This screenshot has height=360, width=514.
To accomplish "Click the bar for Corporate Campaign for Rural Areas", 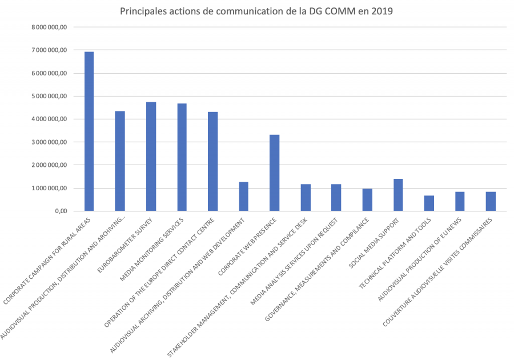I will tap(89, 131).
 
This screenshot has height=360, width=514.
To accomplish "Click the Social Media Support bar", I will tap(398, 195).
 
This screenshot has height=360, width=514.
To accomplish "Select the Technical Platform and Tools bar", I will tap(429, 203).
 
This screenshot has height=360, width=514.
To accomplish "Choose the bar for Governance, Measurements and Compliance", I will tap(367, 200).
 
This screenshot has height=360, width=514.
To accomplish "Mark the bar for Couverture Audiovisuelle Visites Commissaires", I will tap(491, 201).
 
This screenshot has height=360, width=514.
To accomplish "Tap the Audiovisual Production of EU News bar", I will tap(460, 201).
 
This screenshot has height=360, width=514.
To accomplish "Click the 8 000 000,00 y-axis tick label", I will tap(50, 27).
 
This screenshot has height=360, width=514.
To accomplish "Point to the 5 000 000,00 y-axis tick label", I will tap(50, 96).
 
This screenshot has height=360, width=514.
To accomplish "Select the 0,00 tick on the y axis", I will tap(59, 211).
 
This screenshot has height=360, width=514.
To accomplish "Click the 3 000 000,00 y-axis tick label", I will tap(50, 142).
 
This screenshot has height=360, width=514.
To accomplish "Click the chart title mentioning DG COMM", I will tap(257, 11).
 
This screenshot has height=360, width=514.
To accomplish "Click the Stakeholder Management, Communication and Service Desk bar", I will tap(306, 198).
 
